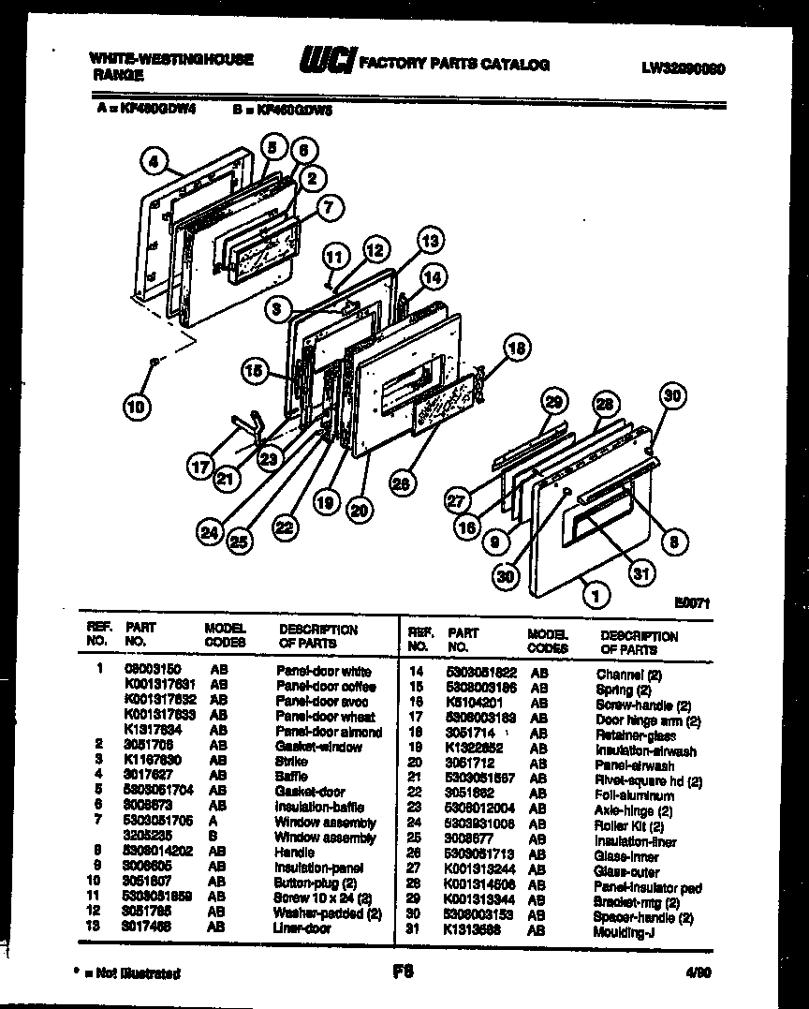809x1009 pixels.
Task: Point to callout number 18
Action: [x=515, y=348]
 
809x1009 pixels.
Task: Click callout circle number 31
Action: [x=640, y=572]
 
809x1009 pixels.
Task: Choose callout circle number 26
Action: [x=401, y=483]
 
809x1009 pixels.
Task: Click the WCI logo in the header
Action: [x=325, y=63]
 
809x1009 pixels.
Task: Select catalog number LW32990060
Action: [x=684, y=67]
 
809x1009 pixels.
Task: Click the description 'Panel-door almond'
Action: [x=329, y=732]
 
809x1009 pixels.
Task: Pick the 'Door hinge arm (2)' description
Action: [x=648, y=720]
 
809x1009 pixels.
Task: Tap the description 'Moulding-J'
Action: [x=620, y=932]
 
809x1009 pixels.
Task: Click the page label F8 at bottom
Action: [x=404, y=971]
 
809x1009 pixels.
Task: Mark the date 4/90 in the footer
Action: [x=697, y=972]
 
